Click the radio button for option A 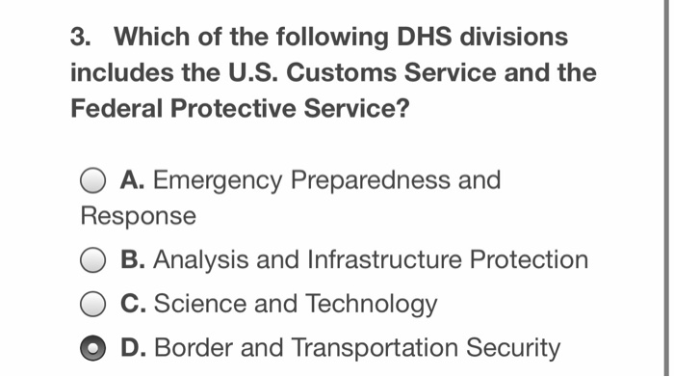[x=93, y=180]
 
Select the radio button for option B [x=93, y=260]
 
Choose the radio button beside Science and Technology [x=93, y=305]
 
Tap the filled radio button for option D [x=93, y=347]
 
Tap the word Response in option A [x=139, y=216]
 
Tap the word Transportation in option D [x=361, y=348]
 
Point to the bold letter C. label [x=133, y=305]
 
